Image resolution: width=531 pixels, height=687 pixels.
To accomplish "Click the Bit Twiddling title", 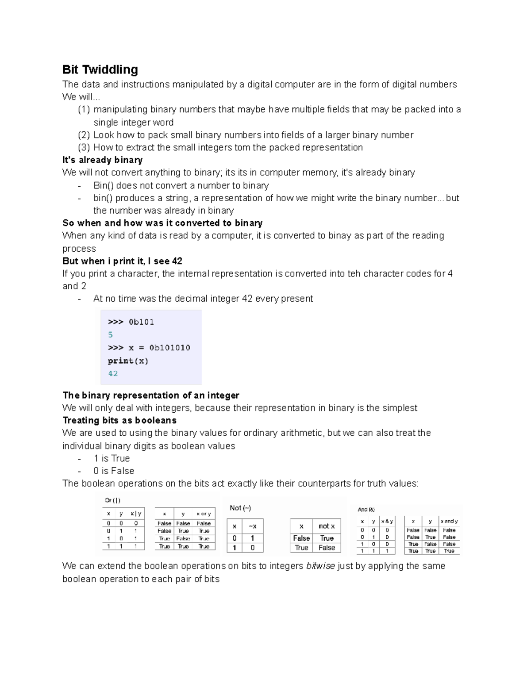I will (100, 69).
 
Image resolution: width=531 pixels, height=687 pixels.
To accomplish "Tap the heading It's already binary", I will (102, 160).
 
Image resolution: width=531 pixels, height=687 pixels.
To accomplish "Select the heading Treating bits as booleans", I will (119, 420).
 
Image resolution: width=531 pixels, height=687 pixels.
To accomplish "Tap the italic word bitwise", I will (320, 566).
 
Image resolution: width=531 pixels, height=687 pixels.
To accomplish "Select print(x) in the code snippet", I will (128, 361).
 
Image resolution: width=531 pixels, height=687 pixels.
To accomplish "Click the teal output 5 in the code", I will (110, 334).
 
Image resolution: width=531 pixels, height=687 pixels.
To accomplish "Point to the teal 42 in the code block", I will (113, 373).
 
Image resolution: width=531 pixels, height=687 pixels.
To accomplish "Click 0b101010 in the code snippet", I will (169, 348).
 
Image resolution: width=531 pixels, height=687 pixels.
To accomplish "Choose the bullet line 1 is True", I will (112, 458).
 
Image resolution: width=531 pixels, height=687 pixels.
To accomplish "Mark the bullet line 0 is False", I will (114, 471).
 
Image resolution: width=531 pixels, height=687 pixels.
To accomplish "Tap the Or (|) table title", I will (112, 500).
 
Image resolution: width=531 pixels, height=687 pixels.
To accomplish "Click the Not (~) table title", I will (240, 508).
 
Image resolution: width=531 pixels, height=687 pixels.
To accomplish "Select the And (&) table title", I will (366, 510).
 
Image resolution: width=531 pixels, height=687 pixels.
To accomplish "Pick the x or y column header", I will (204, 514).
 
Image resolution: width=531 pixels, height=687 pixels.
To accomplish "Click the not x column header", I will (327, 526).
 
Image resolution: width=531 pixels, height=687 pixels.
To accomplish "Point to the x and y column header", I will (449, 521).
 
